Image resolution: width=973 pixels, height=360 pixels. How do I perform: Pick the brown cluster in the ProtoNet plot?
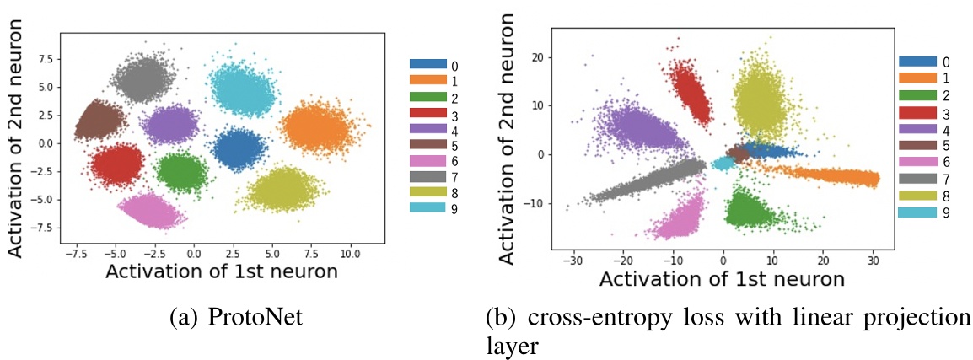coord(99,120)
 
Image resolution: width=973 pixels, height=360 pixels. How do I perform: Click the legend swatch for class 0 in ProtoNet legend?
coord(428,64)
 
